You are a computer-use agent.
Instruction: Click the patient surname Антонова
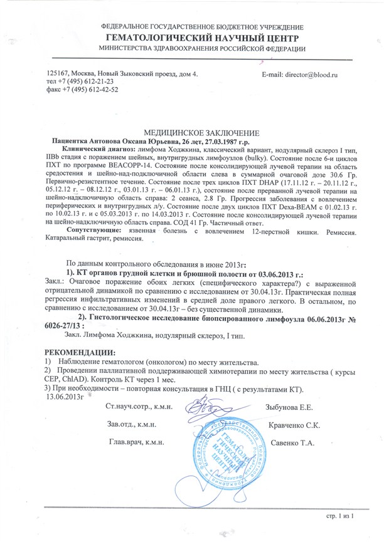click(110, 143)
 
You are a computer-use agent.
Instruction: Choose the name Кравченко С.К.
click(294, 425)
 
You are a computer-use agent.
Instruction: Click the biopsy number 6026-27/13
click(63, 327)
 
